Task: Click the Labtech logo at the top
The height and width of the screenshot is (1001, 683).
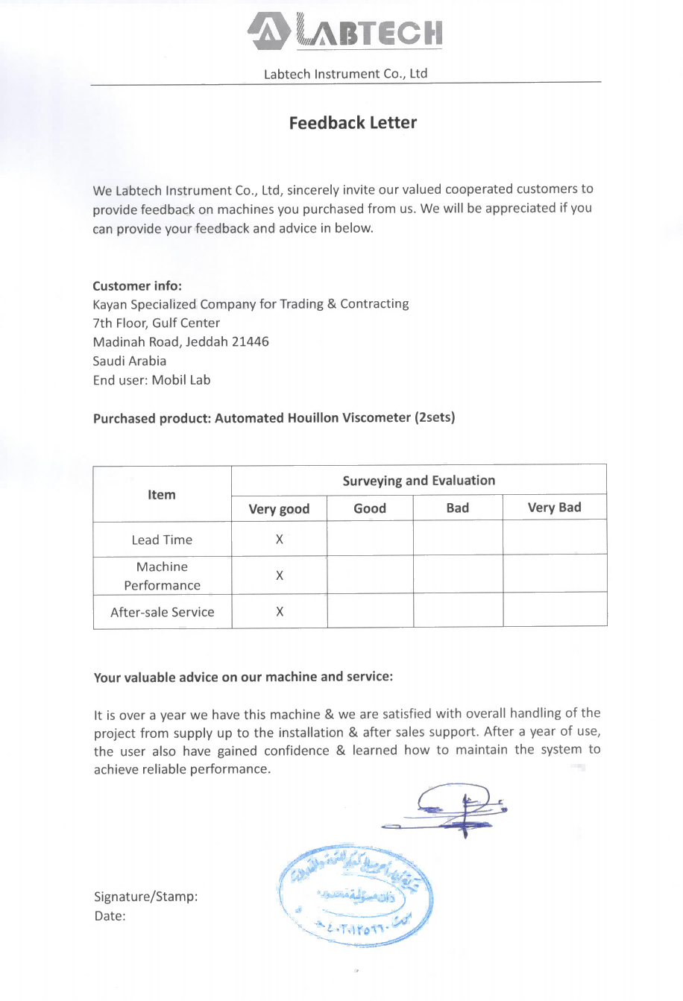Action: (x=345, y=31)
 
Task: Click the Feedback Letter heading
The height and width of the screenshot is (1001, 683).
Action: (x=353, y=123)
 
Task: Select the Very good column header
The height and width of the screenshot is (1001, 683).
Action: (x=279, y=509)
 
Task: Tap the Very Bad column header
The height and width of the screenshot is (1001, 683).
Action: (x=554, y=508)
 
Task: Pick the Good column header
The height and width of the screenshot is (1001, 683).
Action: (x=370, y=508)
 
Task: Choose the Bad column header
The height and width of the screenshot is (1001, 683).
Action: (x=457, y=508)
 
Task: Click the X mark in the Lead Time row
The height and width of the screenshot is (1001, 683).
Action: (x=279, y=540)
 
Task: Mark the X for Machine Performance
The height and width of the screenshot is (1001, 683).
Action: (x=279, y=575)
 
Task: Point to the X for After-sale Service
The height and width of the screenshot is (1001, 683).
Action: (x=279, y=612)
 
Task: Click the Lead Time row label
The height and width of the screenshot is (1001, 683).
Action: (x=162, y=540)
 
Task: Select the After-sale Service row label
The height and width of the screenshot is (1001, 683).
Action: (x=162, y=612)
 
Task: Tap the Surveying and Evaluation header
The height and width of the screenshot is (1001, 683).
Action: (x=418, y=481)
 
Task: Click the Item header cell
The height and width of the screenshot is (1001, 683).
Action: (x=161, y=494)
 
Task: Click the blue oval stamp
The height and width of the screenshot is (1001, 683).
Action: (x=355, y=896)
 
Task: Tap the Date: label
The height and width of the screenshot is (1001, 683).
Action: (x=110, y=916)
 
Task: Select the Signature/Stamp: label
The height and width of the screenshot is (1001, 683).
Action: (x=146, y=896)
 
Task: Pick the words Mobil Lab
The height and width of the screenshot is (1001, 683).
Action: (x=181, y=380)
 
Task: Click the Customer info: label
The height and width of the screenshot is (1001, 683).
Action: (x=137, y=285)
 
